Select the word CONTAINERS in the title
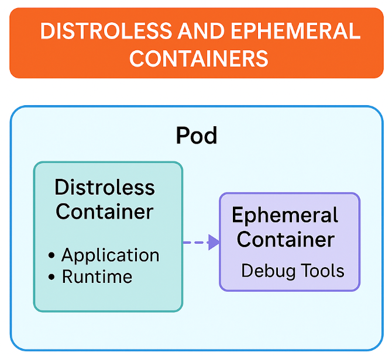point(199,58)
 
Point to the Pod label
point(197,136)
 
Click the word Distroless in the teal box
point(105,188)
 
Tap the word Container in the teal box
point(105,211)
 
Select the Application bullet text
point(111,255)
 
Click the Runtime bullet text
point(97,276)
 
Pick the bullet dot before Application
point(53,256)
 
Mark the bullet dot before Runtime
point(53,277)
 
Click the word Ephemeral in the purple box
point(285,215)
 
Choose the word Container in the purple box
point(286,239)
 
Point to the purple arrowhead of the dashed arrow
point(214,243)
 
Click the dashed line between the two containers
point(195,243)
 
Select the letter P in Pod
point(183,136)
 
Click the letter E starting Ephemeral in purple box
point(238,215)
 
